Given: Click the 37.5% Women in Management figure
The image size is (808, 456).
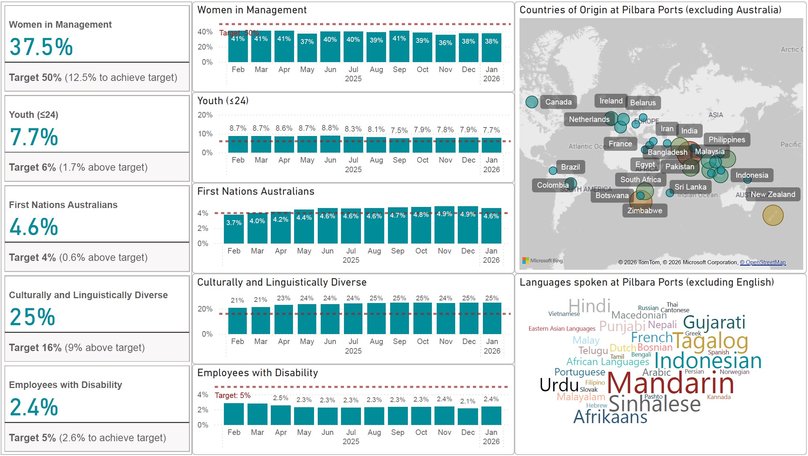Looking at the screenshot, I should point(41,47).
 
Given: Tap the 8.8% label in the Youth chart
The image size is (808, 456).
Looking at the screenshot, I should point(330,128).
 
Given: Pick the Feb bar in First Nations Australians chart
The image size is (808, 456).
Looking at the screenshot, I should point(234,229).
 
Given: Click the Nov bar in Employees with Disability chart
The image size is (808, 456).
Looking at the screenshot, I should point(444,416).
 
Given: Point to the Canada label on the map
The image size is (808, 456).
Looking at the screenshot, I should point(558,102).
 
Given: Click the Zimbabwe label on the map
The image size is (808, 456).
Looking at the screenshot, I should point(645,211).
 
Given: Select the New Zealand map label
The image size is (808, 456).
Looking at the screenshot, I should point(773,194).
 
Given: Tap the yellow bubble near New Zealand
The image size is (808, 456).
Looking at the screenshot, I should point(773,215).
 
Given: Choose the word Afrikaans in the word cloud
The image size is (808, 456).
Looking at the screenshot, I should point(610,417).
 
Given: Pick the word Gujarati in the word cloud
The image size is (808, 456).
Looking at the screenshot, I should point(714,322).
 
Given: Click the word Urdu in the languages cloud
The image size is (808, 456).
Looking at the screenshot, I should point(559,385).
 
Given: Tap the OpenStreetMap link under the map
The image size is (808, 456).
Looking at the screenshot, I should point(763,262).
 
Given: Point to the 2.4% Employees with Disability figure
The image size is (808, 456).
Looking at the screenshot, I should point(34,407).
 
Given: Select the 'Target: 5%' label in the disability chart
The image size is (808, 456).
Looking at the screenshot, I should point(233,395).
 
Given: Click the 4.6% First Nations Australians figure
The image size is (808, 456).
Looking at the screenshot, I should point(34,227).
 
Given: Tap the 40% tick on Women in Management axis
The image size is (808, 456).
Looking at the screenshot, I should point(205,32).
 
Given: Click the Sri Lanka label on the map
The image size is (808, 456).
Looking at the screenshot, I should point(690,187).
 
